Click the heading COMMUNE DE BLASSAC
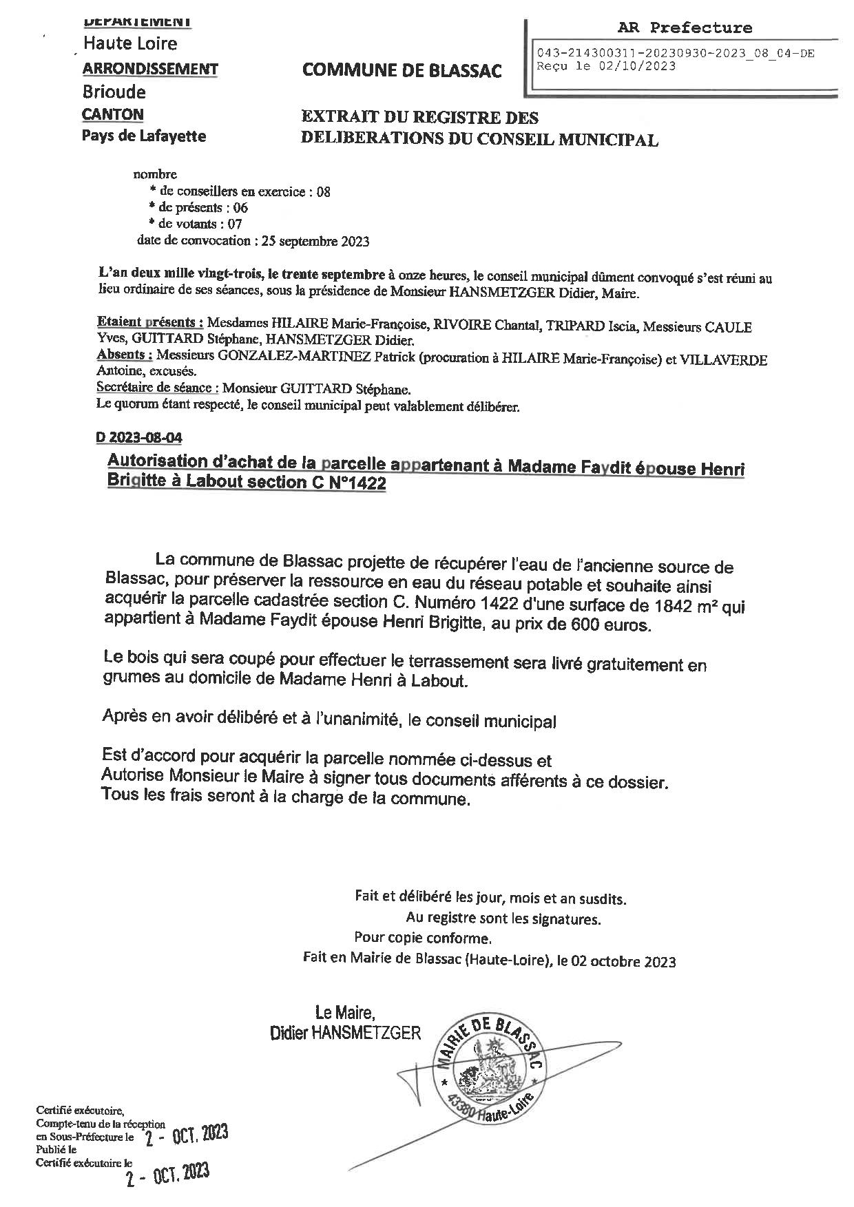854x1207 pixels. point(402,70)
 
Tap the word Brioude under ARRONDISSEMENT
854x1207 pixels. point(114,92)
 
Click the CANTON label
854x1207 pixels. point(112,114)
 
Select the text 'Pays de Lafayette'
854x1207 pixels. point(143,136)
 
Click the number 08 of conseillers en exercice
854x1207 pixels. point(323,192)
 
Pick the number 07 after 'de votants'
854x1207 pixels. point(234,224)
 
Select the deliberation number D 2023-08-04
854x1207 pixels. point(138,437)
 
